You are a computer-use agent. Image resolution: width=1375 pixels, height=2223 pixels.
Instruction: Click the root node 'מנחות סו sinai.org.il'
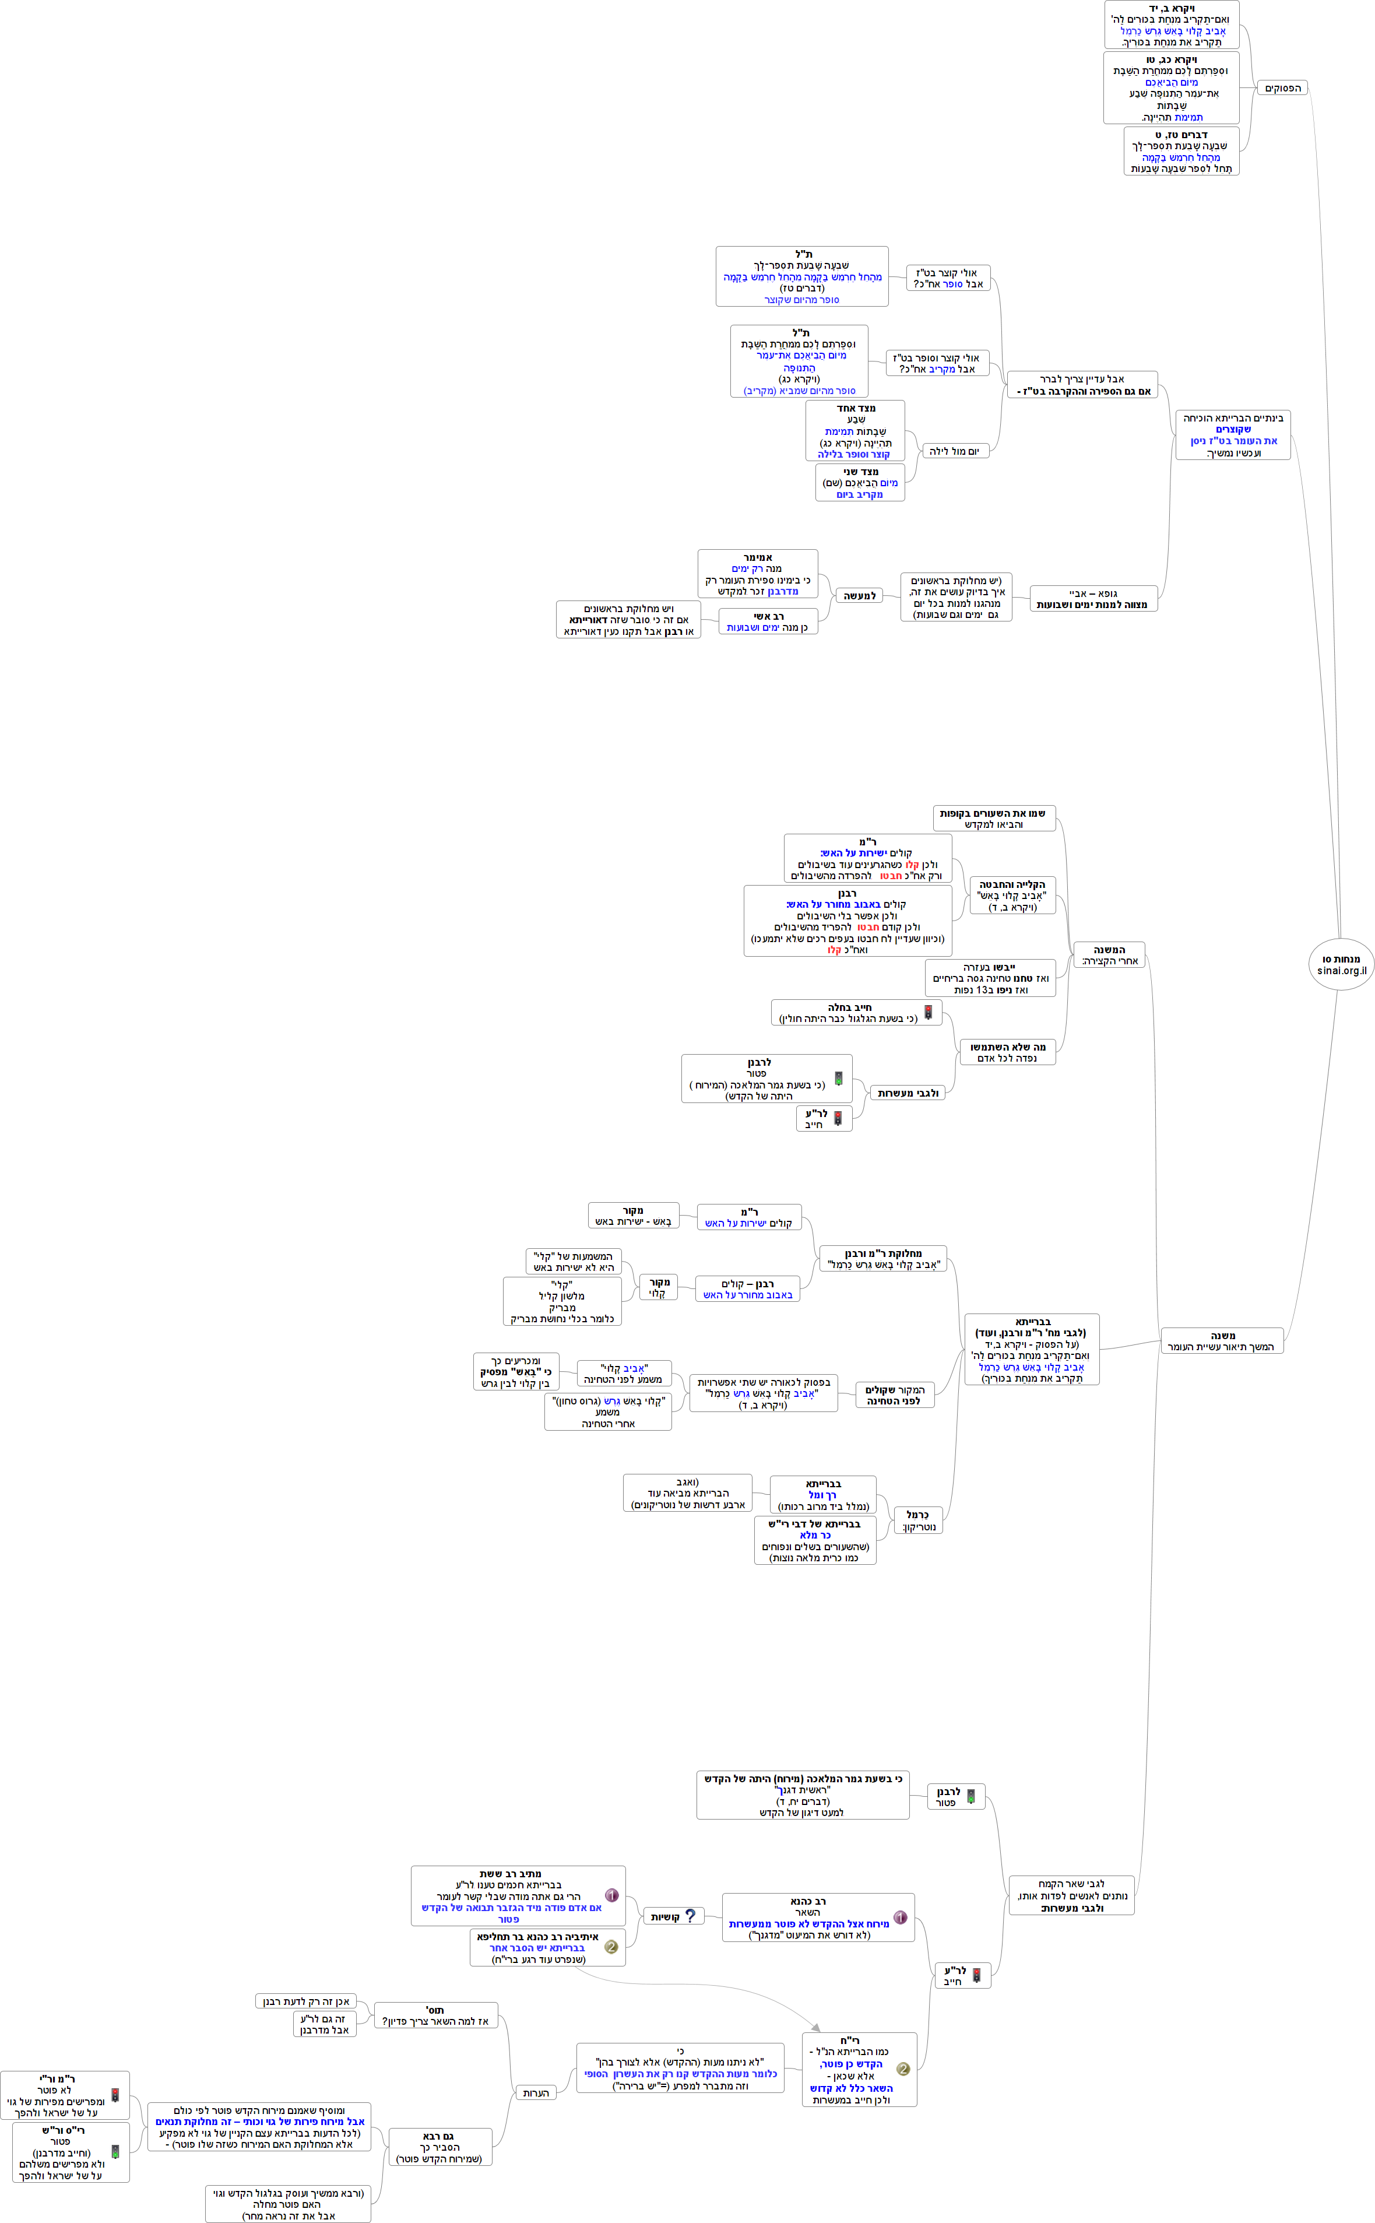[x=1341, y=964]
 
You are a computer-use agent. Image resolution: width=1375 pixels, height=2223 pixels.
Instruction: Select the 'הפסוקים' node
[x=1282, y=88]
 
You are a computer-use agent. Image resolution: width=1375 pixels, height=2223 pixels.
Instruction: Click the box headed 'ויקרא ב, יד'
[x=1172, y=24]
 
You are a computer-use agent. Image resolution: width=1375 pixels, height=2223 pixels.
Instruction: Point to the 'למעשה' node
[x=859, y=596]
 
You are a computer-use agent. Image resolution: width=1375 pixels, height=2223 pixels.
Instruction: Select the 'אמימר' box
[x=758, y=574]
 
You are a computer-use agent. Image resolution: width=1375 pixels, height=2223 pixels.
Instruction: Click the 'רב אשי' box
[x=768, y=622]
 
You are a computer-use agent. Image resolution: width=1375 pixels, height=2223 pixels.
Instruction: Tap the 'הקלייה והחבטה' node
[x=1011, y=895]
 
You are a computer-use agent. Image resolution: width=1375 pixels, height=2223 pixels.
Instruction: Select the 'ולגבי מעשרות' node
[x=908, y=1093]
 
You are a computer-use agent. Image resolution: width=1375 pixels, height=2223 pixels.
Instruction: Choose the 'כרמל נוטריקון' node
[x=917, y=1520]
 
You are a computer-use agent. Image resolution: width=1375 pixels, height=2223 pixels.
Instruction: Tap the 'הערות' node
[x=536, y=2092]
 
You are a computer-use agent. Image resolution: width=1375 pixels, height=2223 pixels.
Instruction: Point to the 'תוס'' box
[x=435, y=2015]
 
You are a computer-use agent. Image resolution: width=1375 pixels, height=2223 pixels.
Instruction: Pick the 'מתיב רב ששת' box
[x=518, y=1895]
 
